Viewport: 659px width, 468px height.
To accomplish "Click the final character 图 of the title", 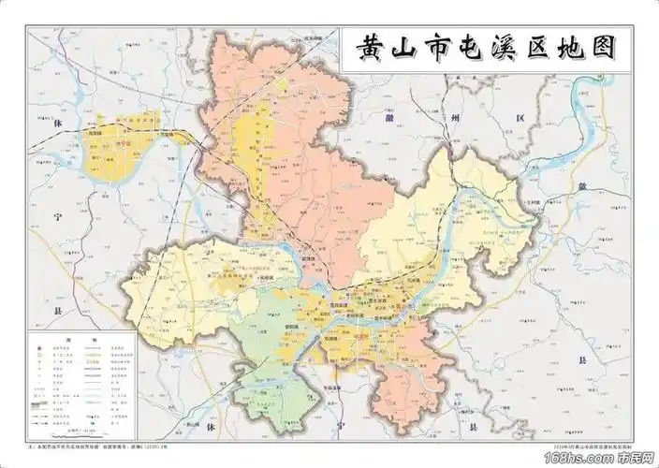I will pos(599,50).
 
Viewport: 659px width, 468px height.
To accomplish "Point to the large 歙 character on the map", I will pos(581,187).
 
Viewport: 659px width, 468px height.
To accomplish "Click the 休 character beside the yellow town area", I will pos(57,124).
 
